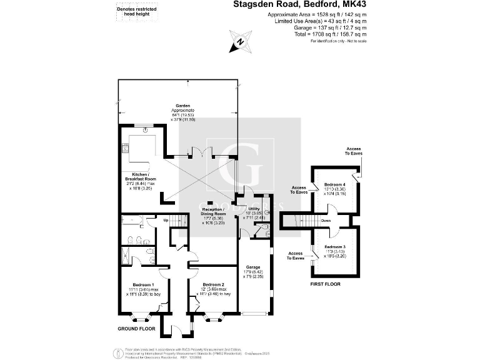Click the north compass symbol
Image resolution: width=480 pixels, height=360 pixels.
239,44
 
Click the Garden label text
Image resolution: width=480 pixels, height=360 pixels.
182,106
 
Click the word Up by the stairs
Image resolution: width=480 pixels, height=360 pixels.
166,220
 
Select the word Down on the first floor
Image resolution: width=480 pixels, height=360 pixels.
326,221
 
